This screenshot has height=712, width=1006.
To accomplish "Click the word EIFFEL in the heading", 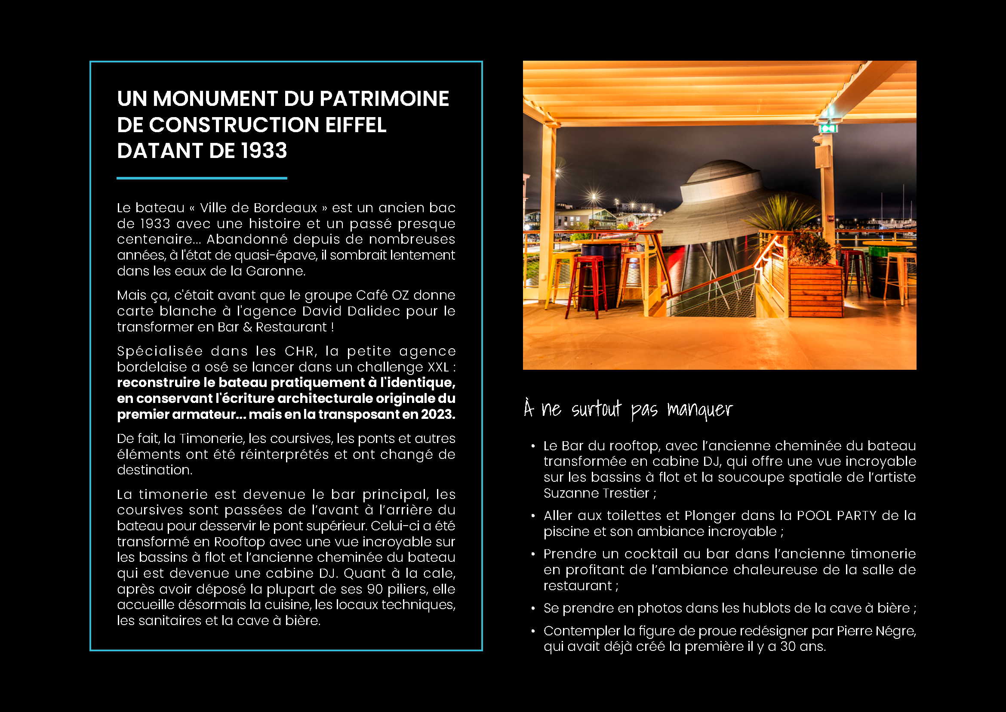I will pos(355,125).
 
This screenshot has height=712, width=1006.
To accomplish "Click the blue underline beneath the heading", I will pos(202,178).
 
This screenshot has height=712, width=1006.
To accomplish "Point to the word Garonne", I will pos(275,271).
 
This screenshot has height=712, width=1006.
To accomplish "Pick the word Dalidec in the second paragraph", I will pos(373,311).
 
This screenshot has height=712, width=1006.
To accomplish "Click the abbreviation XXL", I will pos(438,367).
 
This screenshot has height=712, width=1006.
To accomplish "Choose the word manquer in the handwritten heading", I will pos(699,409).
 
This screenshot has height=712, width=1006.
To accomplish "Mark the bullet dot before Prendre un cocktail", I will pos(533,554).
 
